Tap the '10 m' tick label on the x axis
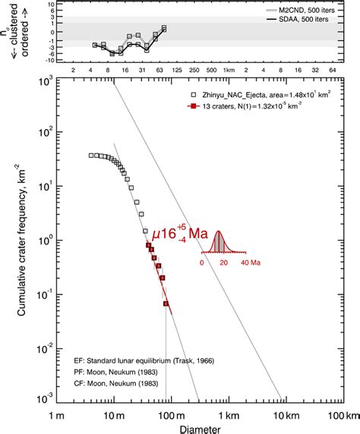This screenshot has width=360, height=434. coord(113,416)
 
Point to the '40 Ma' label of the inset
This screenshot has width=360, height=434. coord(251,263)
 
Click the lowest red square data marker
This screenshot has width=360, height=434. coord(166,304)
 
